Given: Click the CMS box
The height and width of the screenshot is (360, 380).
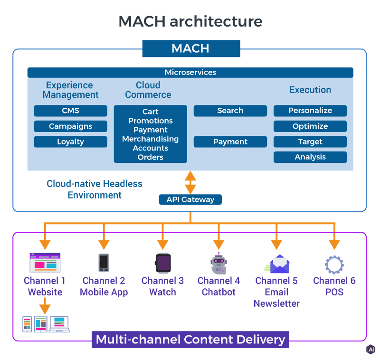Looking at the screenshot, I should click(x=70, y=111).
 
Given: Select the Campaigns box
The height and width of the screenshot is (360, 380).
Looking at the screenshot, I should click(x=70, y=126).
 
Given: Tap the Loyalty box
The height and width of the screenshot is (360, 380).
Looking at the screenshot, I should click(x=70, y=142).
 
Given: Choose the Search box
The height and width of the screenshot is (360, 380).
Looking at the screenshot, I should click(x=230, y=111).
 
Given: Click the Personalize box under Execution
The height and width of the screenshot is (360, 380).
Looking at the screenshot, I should click(x=310, y=111).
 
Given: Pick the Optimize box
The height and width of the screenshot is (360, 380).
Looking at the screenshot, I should click(x=310, y=126).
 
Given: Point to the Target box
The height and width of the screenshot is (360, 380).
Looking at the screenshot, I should click(x=310, y=142).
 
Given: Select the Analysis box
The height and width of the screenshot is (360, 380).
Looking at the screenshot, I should click(x=310, y=157).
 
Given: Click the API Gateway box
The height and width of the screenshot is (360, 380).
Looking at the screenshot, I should click(x=190, y=199).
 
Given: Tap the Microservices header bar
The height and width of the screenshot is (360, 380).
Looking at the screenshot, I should click(x=190, y=73).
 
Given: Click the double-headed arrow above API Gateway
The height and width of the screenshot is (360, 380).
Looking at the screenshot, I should click(x=190, y=182).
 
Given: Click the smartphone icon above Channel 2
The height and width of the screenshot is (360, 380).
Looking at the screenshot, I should click(x=104, y=263).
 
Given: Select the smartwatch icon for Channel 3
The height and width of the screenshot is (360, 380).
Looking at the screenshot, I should click(x=162, y=263).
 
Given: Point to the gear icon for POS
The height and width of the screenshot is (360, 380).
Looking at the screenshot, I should click(x=334, y=264).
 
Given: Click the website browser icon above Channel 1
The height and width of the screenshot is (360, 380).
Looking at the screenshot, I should click(x=45, y=262).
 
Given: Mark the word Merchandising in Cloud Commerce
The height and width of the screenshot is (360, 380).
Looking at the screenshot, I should click(x=150, y=139).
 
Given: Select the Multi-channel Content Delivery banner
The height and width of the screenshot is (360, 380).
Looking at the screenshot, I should click(x=190, y=340).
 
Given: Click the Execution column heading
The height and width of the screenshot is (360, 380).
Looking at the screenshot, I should click(x=310, y=90).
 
